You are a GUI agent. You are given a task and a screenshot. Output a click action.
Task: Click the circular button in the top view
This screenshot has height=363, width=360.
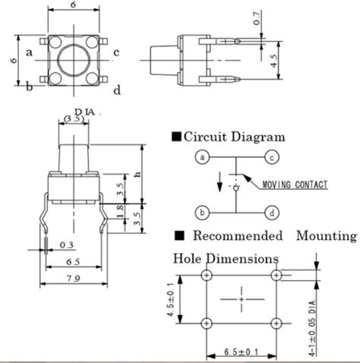73,58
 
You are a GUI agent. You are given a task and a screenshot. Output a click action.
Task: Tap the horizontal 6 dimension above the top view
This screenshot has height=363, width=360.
72,6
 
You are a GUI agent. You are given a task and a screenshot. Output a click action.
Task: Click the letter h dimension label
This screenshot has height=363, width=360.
137,173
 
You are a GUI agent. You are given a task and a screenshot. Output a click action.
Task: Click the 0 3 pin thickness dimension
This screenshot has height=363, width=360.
67,244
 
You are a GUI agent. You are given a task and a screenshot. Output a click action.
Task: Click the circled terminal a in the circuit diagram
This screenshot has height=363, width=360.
201,158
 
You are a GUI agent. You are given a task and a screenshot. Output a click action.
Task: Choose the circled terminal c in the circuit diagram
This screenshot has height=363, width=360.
270,158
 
